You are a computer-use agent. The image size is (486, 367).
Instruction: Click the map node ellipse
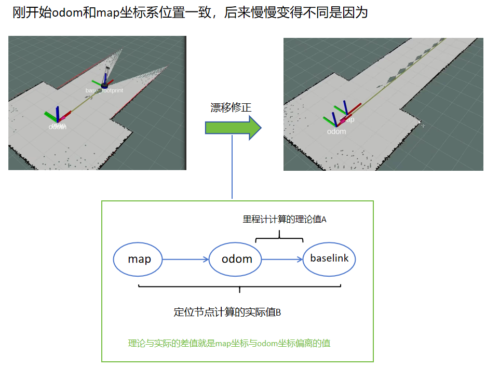tap(139, 259)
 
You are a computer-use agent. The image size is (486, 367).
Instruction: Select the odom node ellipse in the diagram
tap(237, 259)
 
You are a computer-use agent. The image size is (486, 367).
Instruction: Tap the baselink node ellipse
tap(329, 258)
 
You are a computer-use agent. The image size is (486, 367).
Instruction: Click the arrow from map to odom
tap(185, 259)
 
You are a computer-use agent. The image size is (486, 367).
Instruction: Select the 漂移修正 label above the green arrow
tap(231, 107)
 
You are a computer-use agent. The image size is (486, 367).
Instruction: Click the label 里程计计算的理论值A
tap(285, 219)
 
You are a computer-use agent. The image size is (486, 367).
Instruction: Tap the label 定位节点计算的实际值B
tap(227, 312)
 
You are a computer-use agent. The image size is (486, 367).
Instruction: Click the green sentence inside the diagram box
tap(229, 343)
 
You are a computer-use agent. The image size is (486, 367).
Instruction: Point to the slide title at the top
tap(190, 13)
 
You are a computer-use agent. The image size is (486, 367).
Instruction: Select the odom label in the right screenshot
tap(336, 132)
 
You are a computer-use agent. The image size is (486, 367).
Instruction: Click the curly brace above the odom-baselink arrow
tap(279, 237)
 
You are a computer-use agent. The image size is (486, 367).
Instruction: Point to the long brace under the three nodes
tap(239, 288)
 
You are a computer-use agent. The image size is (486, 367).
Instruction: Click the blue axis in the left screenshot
tap(57, 114)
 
